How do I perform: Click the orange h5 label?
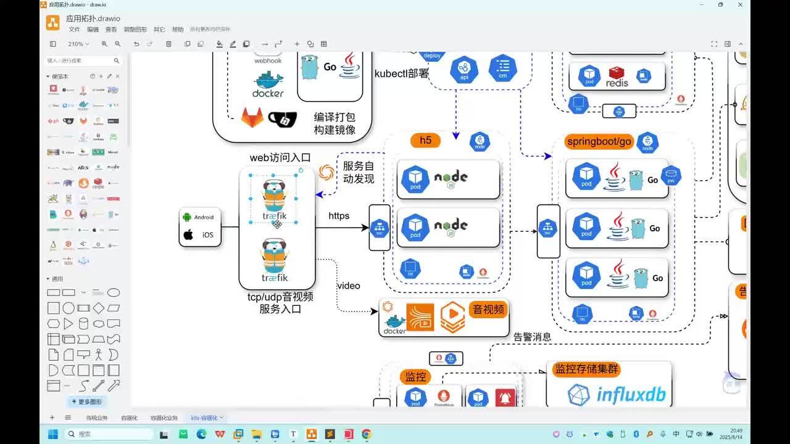click(x=425, y=141)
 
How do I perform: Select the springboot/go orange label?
click(x=599, y=142)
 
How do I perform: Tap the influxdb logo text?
click(x=631, y=395)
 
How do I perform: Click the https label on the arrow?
click(x=339, y=216)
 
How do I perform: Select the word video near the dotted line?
click(x=348, y=286)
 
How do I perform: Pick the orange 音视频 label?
click(x=488, y=310)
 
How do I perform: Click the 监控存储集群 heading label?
click(x=586, y=369)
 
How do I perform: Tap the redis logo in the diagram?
click(x=617, y=77)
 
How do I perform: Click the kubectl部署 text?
click(x=401, y=73)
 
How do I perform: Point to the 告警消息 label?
click(x=532, y=337)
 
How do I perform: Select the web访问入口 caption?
click(x=280, y=158)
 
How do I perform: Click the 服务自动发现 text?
click(x=358, y=172)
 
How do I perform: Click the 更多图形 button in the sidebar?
click(x=86, y=401)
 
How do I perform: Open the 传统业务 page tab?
click(x=96, y=418)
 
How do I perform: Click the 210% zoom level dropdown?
click(x=78, y=44)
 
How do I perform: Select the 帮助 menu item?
click(x=178, y=30)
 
